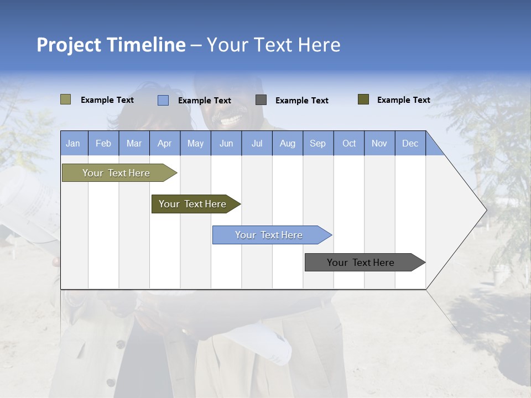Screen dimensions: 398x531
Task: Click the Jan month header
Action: [x=73, y=143]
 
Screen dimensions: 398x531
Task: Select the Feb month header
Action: [x=103, y=143]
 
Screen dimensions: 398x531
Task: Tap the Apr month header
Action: [x=164, y=143]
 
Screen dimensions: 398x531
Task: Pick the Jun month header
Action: [x=226, y=143]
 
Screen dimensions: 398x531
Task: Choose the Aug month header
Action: [x=287, y=143]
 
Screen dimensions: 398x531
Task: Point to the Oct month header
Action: [x=349, y=143]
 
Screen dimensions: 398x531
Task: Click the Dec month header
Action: [x=410, y=143]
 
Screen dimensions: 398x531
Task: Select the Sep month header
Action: [x=317, y=143]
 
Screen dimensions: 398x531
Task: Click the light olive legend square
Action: [x=65, y=99]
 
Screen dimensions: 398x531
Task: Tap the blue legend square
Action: [x=163, y=100]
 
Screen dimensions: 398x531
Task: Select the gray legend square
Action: [x=261, y=100]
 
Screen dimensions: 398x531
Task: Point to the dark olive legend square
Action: [x=363, y=99]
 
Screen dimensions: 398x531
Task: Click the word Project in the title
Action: [x=69, y=45]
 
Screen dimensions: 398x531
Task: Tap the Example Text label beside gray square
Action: [x=301, y=101]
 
